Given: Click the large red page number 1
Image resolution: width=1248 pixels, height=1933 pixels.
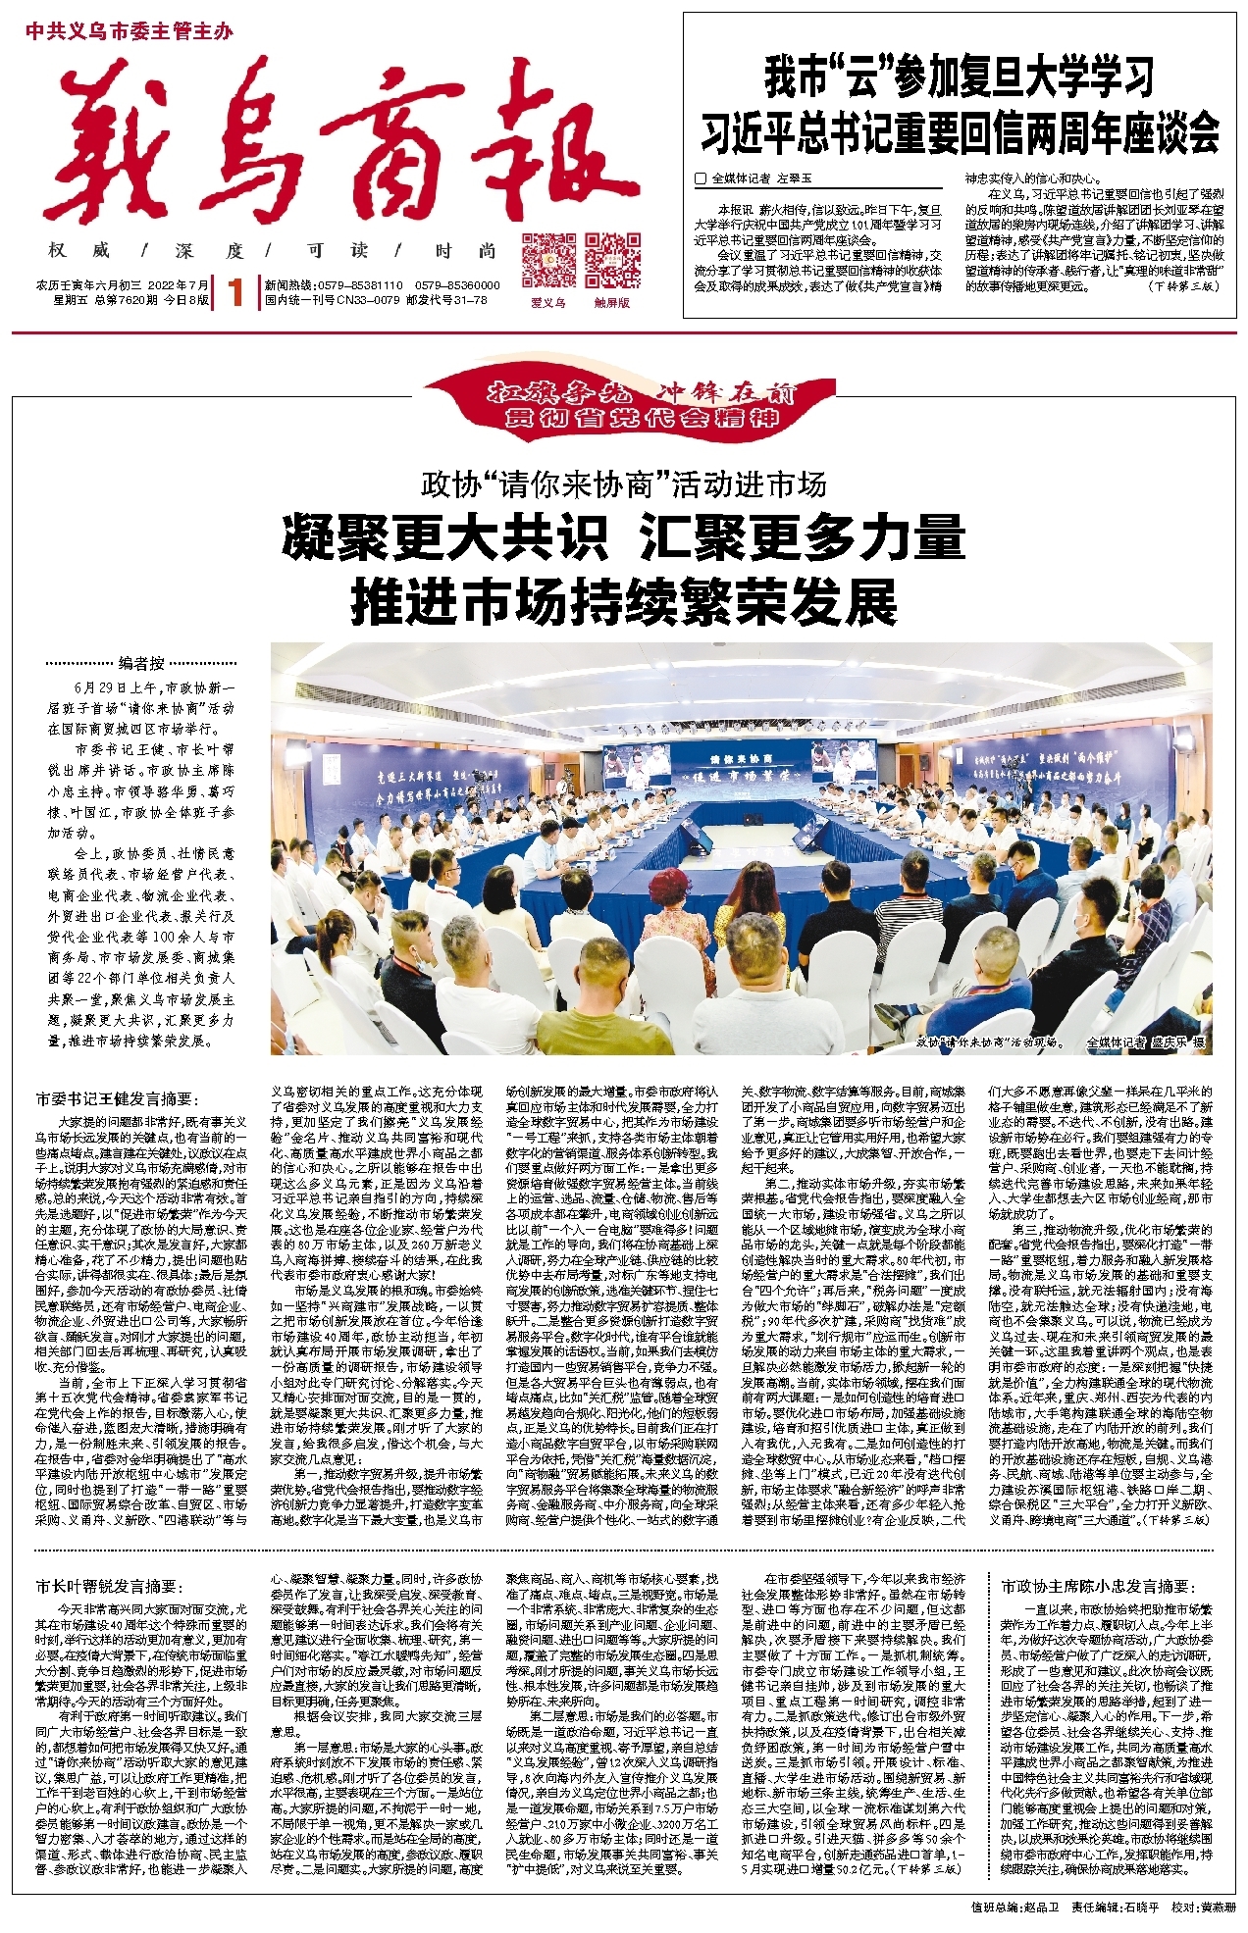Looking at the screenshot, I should click(234, 293).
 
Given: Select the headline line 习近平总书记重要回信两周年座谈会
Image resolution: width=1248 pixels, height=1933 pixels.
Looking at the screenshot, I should click(959, 132).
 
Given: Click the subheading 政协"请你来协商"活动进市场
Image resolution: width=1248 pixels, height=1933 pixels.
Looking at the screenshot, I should click(623, 484).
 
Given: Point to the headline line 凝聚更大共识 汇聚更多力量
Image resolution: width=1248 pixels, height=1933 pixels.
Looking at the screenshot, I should click(624, 538).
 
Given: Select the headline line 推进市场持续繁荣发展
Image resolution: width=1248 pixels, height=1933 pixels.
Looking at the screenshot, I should click(624, 601).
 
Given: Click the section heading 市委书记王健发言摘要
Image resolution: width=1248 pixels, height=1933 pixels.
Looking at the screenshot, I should click(117, 1100).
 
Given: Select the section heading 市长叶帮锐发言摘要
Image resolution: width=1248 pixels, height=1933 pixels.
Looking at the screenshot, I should click(108, 1586).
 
